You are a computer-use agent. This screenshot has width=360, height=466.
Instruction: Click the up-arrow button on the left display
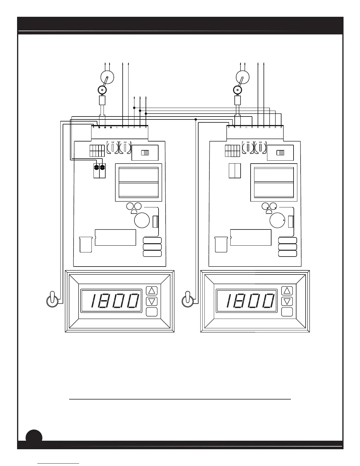tap(152, 291)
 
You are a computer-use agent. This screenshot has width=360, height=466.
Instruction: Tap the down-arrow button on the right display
tap(287, 301)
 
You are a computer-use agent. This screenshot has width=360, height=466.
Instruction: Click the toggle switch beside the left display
tap(52, 300)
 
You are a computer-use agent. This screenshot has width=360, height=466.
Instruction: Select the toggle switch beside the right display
tap(188, 300)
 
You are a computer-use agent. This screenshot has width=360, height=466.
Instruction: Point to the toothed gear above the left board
tap(102, 90)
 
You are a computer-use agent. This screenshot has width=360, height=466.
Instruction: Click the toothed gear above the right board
tap(238, 90)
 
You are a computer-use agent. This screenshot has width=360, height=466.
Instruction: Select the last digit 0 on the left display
tap(133, 301)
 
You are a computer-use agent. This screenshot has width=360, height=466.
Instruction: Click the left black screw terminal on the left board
tap(96, 167)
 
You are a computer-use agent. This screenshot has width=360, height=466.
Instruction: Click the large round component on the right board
tap(277, 220)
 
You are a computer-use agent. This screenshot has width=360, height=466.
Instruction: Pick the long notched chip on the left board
tap(115, 237)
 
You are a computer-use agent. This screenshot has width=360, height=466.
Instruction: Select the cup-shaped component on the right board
tap(221, 244)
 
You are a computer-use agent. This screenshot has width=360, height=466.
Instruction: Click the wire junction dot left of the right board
tap(196, 119)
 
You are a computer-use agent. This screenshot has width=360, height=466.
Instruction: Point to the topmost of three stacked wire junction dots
tap(134, 108)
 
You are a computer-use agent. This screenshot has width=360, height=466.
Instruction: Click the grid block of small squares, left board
tap(97, 151)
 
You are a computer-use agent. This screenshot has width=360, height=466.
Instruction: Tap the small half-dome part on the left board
tap(134, 212)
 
